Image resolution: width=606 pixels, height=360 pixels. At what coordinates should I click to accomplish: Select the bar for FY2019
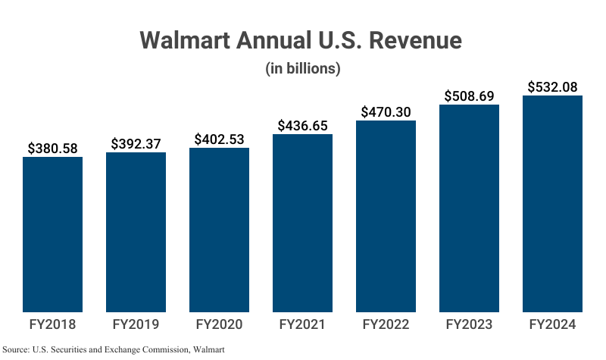[x=136, y=231]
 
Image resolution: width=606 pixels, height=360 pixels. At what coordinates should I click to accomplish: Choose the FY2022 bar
[x=386, y=215]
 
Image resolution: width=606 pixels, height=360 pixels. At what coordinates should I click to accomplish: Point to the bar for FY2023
[x=469, y=208]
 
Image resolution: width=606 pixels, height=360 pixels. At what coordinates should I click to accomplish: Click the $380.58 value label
[x=52, y=148]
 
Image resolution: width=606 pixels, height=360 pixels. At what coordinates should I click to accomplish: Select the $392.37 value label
[x=136, y=143]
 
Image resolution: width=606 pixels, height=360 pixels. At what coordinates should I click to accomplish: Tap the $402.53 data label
[x=219, y=139]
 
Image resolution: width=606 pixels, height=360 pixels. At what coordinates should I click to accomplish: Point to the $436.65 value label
[x=302, y=125]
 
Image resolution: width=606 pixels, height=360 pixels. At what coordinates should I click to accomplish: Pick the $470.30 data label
[x=386, y=111]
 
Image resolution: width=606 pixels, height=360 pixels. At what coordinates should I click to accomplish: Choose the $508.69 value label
[x=469, y=96]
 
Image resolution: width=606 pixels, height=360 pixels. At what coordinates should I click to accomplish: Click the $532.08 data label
[x=552, y=86]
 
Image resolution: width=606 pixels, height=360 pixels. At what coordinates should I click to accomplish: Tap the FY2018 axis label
[x=52, y=324]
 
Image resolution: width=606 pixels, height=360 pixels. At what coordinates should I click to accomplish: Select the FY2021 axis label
[x=302, y=324]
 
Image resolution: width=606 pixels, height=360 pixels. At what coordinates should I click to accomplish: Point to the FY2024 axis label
[x=552, y=324]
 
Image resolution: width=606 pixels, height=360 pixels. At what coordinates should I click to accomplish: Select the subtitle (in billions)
[x=302, y=68]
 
